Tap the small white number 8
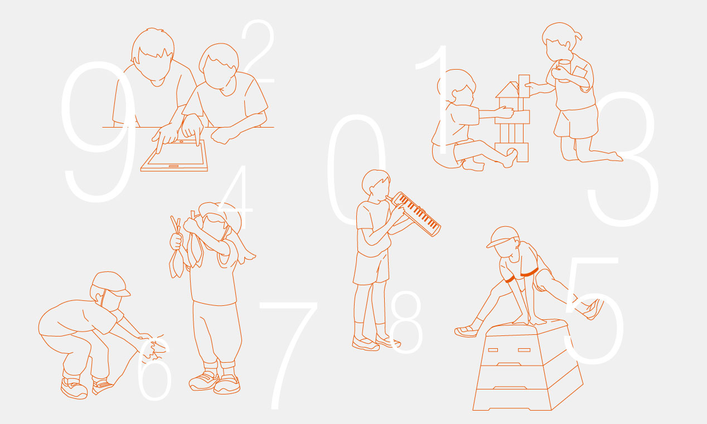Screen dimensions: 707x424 406,321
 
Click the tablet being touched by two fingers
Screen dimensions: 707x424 174,156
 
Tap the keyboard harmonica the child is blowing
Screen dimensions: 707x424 417,213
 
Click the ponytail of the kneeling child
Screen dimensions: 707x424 577,35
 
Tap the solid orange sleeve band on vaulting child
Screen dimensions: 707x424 529,272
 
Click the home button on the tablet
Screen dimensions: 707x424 173,166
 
